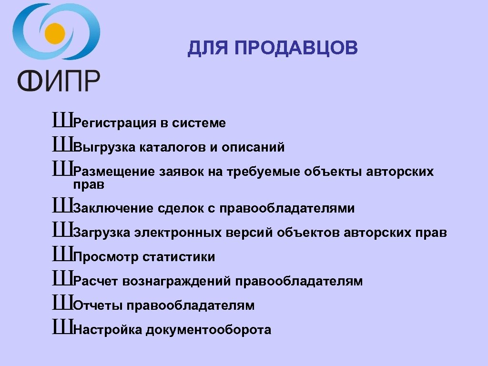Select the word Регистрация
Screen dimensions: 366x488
click(115, 123)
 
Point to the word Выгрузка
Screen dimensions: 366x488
click(105, 148)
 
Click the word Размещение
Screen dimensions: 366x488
click(114, 172)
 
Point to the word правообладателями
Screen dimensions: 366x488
click(287, 209)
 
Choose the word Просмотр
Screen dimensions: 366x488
click(106, 257)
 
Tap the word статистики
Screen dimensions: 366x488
click(179, 257)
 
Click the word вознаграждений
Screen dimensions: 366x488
click(177, 282)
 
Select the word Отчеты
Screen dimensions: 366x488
click(98, 306)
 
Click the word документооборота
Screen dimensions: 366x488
click(209, 330)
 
